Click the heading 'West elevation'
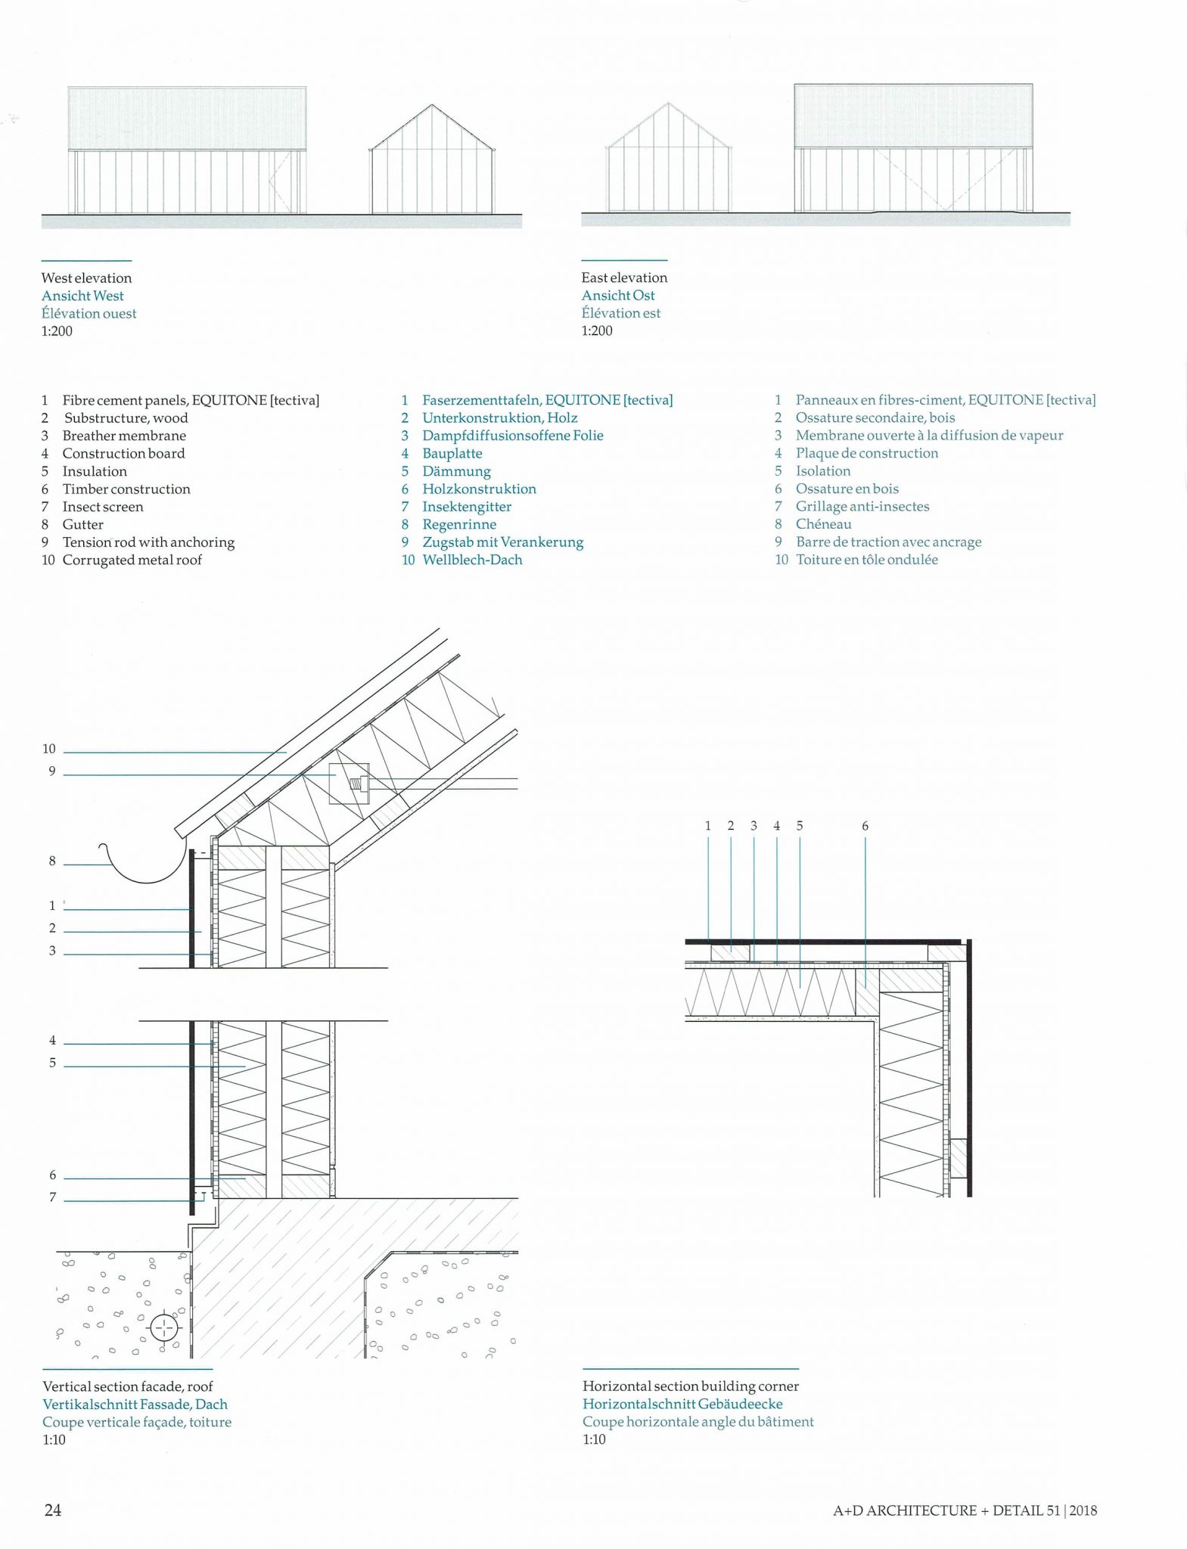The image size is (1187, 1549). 86,278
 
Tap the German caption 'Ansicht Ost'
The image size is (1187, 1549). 618,295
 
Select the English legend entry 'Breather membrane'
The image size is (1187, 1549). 123,436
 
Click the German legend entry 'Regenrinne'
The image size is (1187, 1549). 459,524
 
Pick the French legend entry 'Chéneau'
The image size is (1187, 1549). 823,524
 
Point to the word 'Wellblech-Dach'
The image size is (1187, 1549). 472,560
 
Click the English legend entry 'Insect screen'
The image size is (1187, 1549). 102,507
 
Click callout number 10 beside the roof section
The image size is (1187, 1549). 49,749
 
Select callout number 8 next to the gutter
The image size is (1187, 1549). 52,861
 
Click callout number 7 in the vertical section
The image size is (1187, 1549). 52,1197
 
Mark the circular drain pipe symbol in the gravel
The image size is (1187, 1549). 164,1327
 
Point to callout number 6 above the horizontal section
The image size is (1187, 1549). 865,826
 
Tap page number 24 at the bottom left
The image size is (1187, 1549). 52,1510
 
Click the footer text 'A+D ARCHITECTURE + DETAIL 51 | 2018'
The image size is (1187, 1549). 965,1510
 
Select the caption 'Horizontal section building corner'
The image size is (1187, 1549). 690,1386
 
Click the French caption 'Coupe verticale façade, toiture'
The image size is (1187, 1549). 137,1422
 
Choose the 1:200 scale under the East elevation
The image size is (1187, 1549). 597,331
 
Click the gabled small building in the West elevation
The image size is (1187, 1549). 432,163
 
